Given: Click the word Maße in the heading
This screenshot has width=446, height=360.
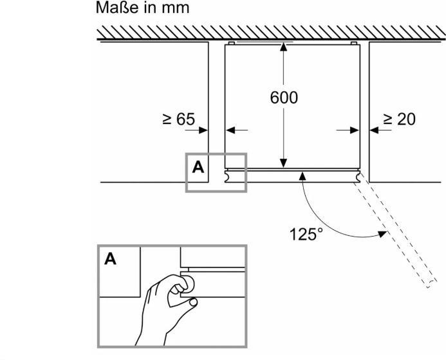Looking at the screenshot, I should coord(115,9).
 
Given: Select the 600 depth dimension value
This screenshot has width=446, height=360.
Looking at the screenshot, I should coord(283,98).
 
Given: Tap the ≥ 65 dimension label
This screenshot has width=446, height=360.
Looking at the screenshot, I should coord(178,120).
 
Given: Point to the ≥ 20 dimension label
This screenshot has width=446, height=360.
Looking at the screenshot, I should coord(399,119).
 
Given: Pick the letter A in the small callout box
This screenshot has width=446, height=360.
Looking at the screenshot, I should coord(198,167).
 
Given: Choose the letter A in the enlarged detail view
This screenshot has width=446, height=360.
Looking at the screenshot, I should coord(111,260).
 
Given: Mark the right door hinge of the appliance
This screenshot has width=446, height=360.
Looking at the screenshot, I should coord(357,175).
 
